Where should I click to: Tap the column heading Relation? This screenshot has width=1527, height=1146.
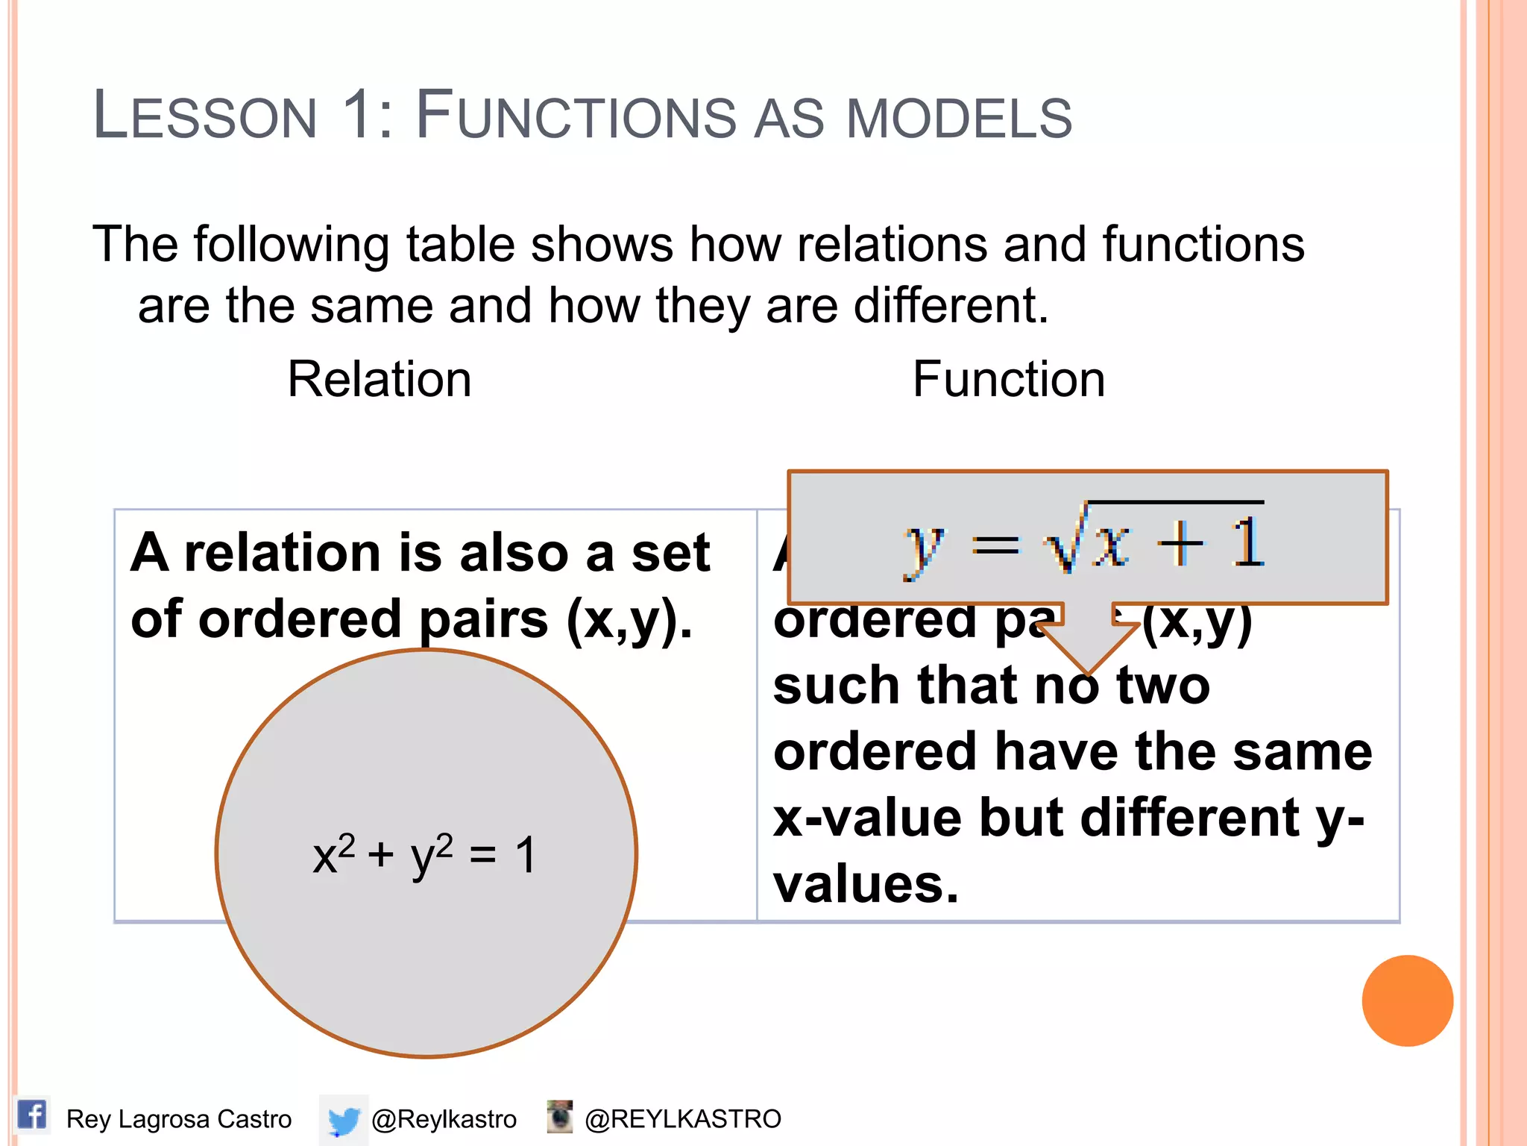click(x=380, y=379)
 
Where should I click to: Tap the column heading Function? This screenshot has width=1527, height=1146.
click(x=1008, y=379)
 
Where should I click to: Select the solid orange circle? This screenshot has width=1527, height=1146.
click(x=1407, y=1001)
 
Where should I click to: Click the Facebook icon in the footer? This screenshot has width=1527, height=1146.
click(x=31, y=1116)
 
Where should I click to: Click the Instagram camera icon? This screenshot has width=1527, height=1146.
click(x=559, y=1116)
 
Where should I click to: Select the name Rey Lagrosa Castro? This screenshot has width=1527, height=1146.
click(x=179, y=1119)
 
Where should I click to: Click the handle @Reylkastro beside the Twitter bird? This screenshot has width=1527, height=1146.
click(x=444, y=1119)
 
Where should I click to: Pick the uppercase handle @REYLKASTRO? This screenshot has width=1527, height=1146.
click(x=682, y=1119)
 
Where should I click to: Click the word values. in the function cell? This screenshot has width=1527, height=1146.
click(x=865, y=885)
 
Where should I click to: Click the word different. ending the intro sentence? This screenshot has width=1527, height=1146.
click(x=951, y=306)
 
